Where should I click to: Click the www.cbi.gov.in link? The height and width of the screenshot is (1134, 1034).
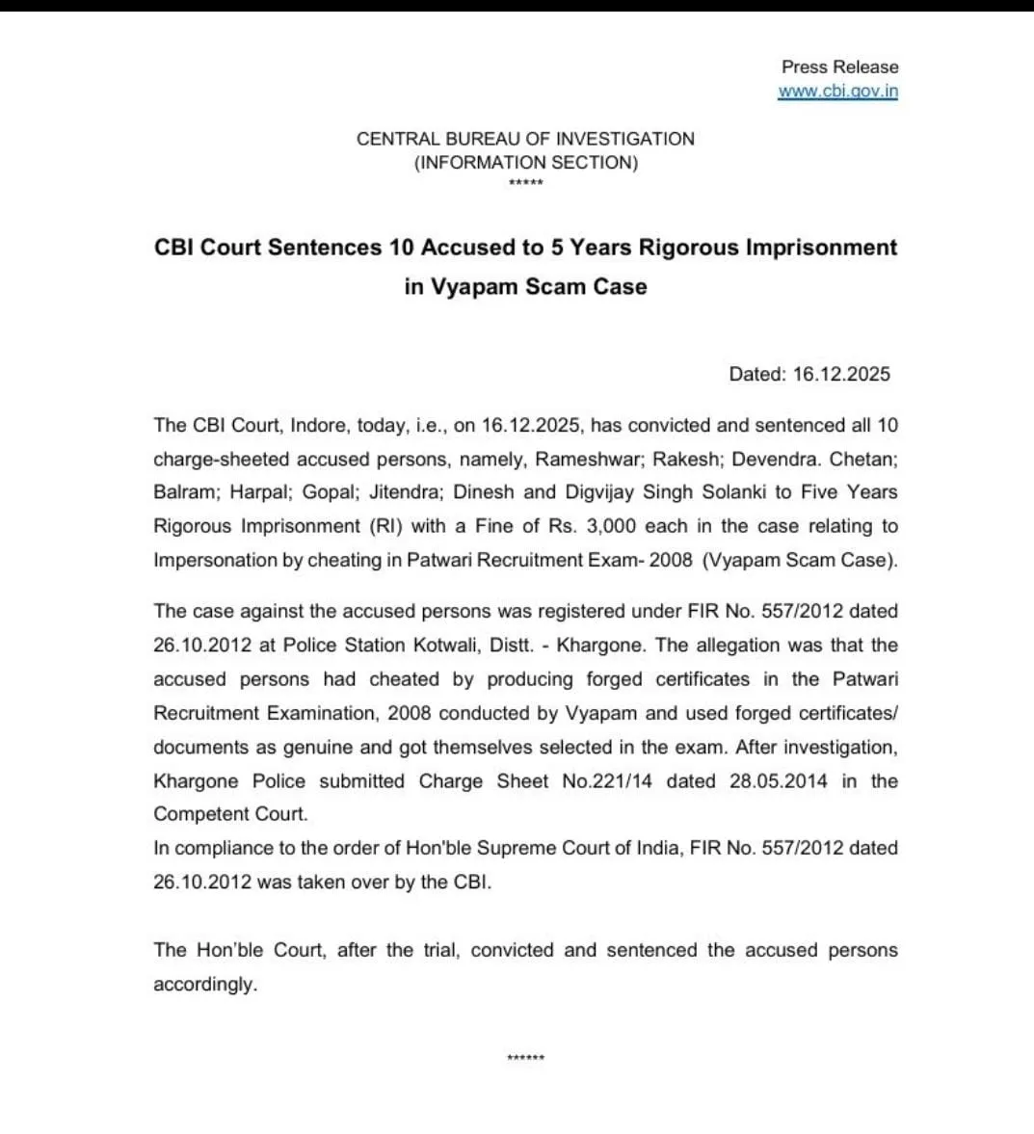click(x=837, y=92)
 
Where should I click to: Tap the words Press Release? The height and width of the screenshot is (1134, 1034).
click(x=839, y=66)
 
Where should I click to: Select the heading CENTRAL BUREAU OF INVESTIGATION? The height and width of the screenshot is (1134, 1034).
click(x=525, y=139)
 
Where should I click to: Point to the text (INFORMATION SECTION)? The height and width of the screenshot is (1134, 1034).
click(x=525, y=163)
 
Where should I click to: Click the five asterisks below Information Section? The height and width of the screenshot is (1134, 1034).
click(x=525, y=184)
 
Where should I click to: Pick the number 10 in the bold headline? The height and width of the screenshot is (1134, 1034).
click(x=402, y=248)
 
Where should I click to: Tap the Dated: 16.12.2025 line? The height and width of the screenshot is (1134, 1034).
click(x=809, y=374)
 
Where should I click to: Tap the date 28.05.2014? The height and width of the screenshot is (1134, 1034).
click(x=778, y=781)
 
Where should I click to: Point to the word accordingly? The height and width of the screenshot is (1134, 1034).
click(x=205, y=985)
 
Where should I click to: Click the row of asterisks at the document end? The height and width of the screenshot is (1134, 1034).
click(x=525, y=1058)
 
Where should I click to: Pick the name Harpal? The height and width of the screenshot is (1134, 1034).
click(x=261, y=492)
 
